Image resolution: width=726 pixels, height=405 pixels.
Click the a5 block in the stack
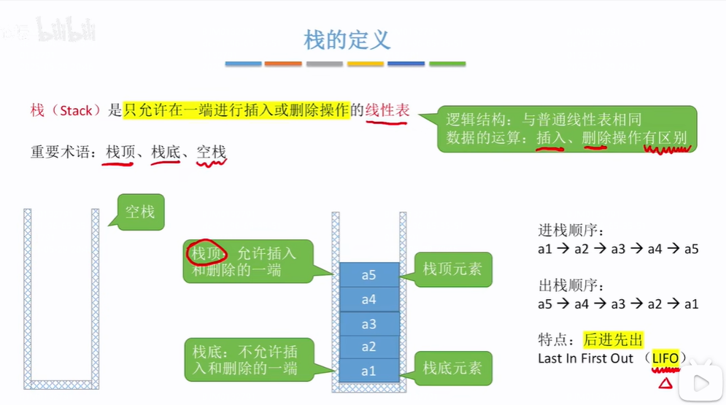point(369,275)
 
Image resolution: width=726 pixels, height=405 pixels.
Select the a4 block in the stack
point(369,299)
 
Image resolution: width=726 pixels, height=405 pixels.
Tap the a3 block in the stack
point(369,324)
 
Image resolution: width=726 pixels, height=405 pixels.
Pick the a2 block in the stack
point(369,347)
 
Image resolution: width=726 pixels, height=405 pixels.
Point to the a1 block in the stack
point(369,371)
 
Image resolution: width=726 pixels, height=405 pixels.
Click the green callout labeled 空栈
point(139,212)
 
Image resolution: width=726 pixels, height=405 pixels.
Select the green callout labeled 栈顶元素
point(452,269)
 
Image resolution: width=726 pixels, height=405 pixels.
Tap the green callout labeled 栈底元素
point(452,369)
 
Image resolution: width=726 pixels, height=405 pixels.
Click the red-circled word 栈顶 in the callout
point(207,253)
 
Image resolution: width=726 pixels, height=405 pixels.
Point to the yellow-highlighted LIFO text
point(665,358)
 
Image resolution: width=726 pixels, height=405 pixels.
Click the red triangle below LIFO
point(665,383)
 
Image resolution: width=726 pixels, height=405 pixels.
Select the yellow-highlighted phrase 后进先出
point(613,339)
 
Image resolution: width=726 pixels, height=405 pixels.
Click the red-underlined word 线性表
point(387,111)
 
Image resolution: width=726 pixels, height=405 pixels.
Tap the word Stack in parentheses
point(76,112)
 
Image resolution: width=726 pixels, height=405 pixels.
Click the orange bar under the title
point(283,64)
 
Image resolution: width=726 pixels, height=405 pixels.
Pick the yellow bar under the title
point(365,64)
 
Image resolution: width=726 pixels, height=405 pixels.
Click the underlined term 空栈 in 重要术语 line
point(212,153)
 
